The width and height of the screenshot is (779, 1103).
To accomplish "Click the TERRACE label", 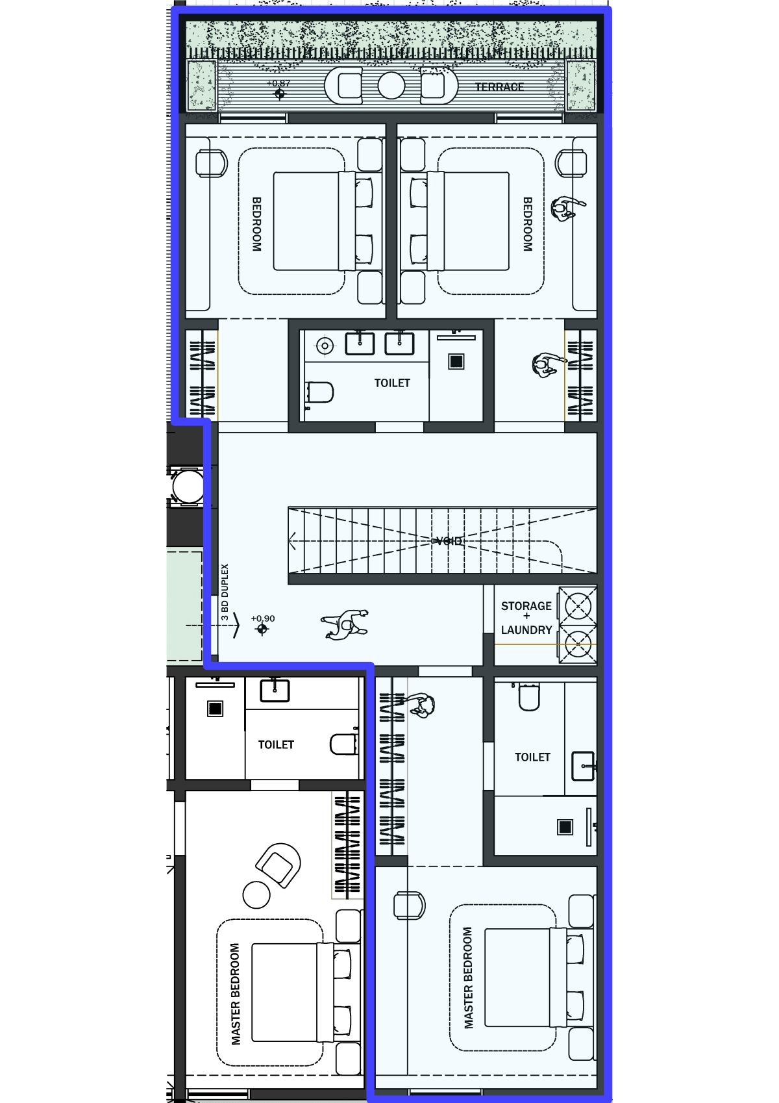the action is coord(499,87).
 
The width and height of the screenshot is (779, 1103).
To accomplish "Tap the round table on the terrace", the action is coord(391,85).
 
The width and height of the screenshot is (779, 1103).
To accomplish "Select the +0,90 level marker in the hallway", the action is coord(262,624).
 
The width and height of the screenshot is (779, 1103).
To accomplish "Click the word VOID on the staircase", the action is coord(449,541).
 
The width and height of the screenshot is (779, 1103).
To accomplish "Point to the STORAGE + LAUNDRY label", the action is coord(526,618).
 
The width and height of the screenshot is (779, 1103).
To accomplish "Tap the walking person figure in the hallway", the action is coord(345,624).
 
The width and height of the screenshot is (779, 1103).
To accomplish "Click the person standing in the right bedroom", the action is coord(567,209).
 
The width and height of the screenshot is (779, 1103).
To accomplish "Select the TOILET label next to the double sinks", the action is coord(392,383).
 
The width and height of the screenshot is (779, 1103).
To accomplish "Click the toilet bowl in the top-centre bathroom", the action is coord(320,392).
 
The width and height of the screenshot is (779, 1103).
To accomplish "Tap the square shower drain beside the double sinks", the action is coord(456,361).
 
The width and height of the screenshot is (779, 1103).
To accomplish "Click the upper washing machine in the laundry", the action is coord(578,605).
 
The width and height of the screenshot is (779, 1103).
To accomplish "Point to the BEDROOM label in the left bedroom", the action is coord(256,225).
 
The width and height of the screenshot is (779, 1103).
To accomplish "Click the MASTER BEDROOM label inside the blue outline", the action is coord(468,978).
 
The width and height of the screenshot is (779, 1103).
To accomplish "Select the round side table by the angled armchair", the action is coord(256,894).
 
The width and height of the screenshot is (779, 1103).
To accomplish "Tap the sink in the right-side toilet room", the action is coord(584,766).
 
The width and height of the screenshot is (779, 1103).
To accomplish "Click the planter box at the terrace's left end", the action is coord(201,84).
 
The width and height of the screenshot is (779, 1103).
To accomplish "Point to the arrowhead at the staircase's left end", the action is coord(292,540).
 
